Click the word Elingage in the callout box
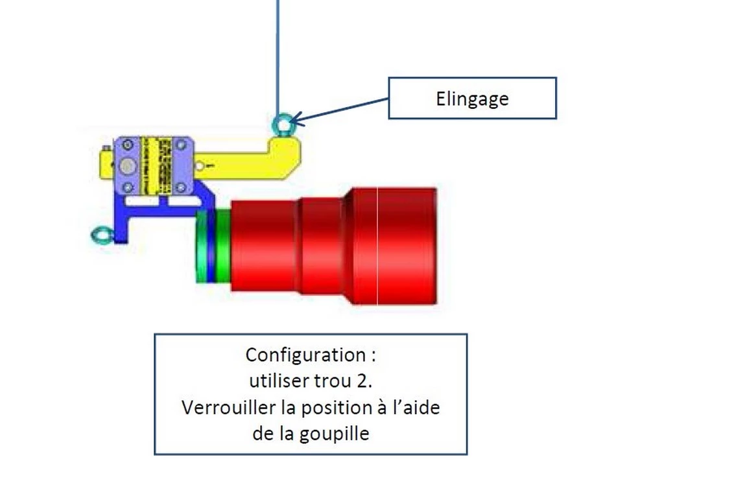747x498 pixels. click(472, 99)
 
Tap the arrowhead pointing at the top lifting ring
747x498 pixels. click(293, 120)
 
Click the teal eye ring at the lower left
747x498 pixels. click(101, 235)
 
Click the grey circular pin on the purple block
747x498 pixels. click(127, 167)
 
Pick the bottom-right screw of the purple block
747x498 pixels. click(183, 187)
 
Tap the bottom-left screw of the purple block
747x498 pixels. click(127, 187)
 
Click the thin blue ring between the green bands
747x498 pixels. click(211, 246)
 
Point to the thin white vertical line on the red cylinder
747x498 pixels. click(377, 246)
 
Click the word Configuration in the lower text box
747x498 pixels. click(305, 355)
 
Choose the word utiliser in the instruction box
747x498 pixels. click(275, 381)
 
